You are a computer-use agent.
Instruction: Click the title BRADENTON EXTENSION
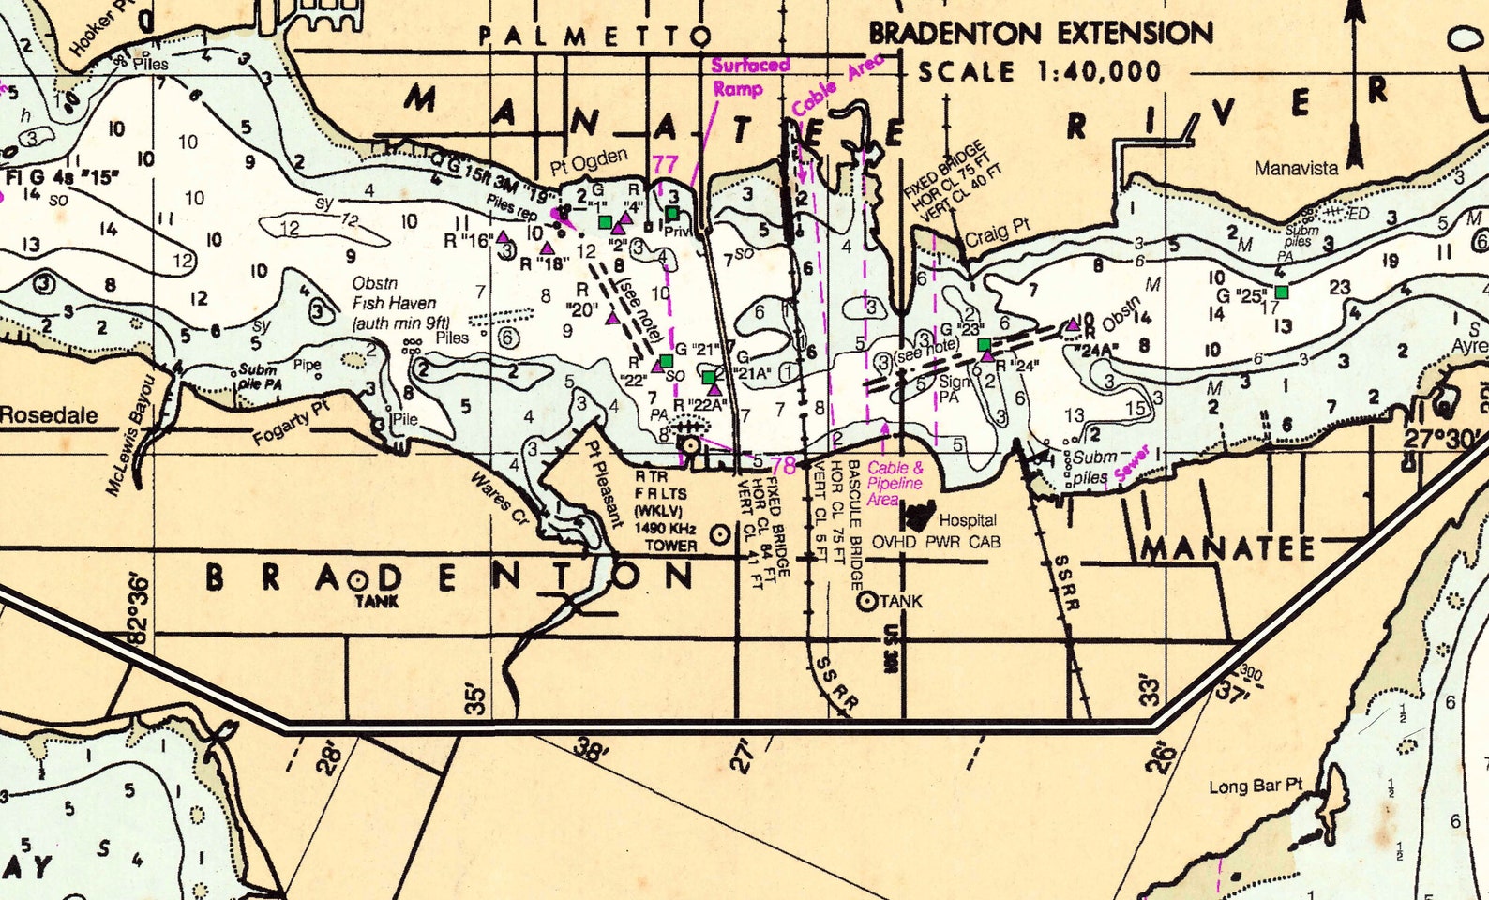[1041, 34]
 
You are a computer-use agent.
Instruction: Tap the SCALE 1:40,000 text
[1039, 72]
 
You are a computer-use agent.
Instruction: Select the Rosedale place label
[49, 414]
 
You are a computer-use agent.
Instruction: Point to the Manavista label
[1297, 169]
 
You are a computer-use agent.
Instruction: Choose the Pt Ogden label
[589, 162]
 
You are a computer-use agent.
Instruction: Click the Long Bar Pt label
[1256, 786]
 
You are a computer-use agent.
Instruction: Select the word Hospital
[968, 520]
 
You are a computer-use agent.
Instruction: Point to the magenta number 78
[783, 465]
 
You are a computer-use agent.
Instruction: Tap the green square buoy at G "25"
[1282, 292]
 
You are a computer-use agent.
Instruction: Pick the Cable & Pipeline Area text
[894, 483]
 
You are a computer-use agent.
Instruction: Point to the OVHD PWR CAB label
[936, 542]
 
